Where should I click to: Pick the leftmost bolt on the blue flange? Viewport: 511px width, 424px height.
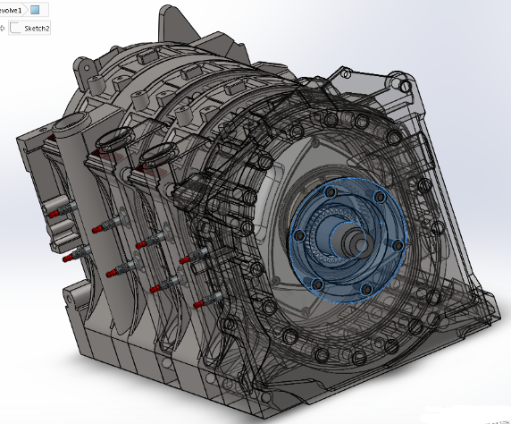299,235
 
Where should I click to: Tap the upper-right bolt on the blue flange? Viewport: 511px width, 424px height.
381,197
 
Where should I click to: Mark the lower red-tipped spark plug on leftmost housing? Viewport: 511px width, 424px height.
68,259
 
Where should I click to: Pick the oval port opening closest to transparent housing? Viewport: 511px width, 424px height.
157,153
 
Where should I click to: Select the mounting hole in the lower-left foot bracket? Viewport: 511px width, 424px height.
75,292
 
